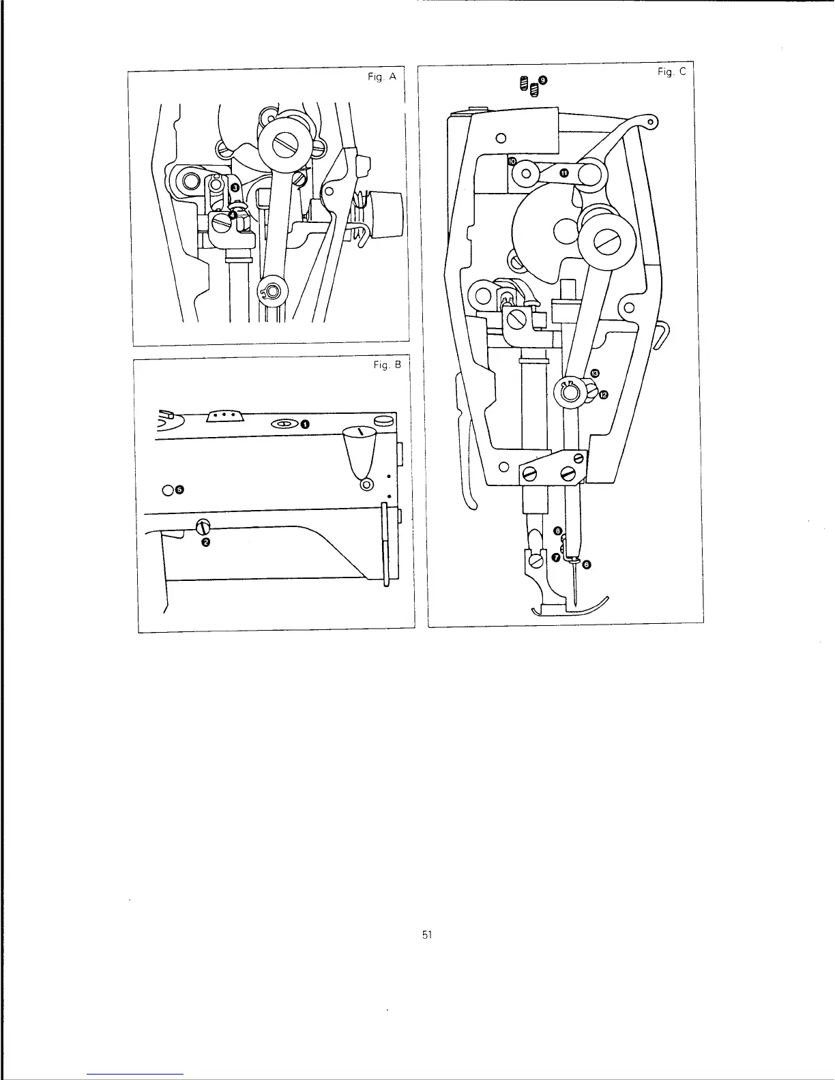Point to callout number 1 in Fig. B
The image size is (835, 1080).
click(305, 424)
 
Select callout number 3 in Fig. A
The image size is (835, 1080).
click(234, 186)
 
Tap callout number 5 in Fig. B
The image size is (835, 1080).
click(179, 490)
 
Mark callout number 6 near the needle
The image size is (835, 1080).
click(587, 565)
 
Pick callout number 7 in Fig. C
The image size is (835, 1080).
click(556, 558)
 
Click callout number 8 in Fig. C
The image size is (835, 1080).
click(557, 530)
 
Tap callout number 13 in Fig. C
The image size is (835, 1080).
click(595, 374)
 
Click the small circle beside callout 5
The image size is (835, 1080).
click(168, 490)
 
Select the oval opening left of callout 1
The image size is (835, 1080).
click(284, 424)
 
